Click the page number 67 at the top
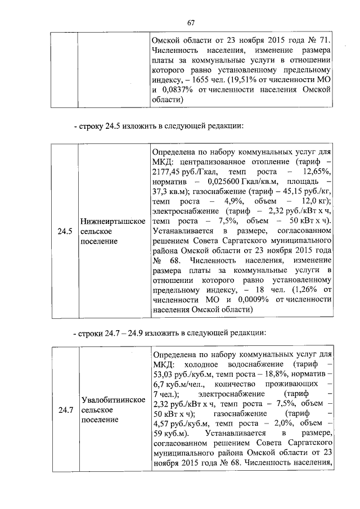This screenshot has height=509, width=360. (x=191, y=22)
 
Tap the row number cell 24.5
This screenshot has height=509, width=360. (x=64, y=231)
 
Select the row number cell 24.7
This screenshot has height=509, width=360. (x=64, y=410)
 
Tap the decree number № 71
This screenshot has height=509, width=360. (x=320, y=41)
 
